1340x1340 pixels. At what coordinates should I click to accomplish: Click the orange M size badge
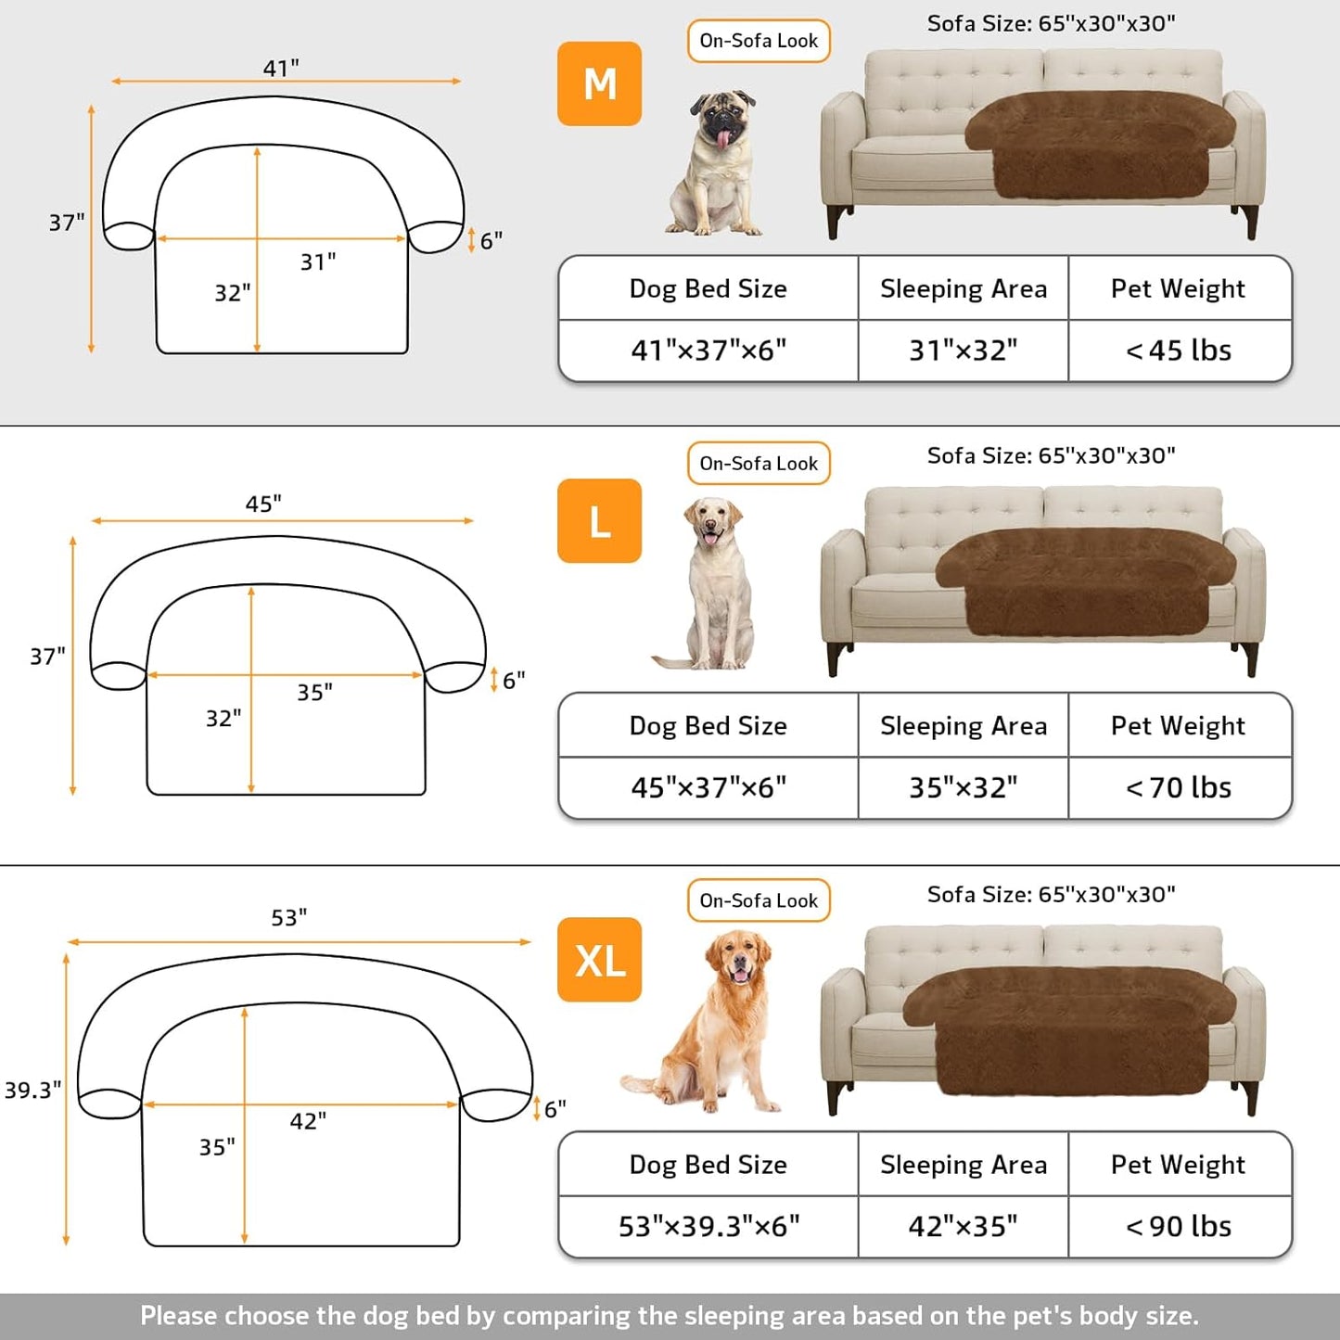point(599,83)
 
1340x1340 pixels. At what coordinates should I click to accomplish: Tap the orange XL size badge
point(599,959)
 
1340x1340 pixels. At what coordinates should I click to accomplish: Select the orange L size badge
point(599,520)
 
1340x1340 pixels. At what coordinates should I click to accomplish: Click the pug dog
point(716,162)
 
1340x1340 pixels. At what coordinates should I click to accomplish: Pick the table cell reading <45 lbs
point(1179,351)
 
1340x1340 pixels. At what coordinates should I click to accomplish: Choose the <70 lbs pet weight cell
point(1179,787)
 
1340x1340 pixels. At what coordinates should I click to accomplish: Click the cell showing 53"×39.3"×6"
point(708,1226)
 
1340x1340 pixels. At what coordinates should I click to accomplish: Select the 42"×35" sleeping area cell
point(963,1226)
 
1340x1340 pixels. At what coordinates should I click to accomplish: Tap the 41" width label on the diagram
point(281,68)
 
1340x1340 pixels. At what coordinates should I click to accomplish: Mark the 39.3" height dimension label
point(33,1090)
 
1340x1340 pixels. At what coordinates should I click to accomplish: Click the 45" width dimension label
point(263,504)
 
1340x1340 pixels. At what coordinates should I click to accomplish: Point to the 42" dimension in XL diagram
point(308,1121)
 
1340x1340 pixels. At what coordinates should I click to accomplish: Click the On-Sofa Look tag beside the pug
point(759,41)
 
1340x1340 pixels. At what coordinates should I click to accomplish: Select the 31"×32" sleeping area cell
point(963,351)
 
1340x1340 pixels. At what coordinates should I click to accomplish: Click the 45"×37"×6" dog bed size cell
point(708,787)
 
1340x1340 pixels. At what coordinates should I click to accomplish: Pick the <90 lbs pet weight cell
point(1179,1226)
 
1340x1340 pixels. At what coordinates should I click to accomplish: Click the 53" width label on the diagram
point(289,917)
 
